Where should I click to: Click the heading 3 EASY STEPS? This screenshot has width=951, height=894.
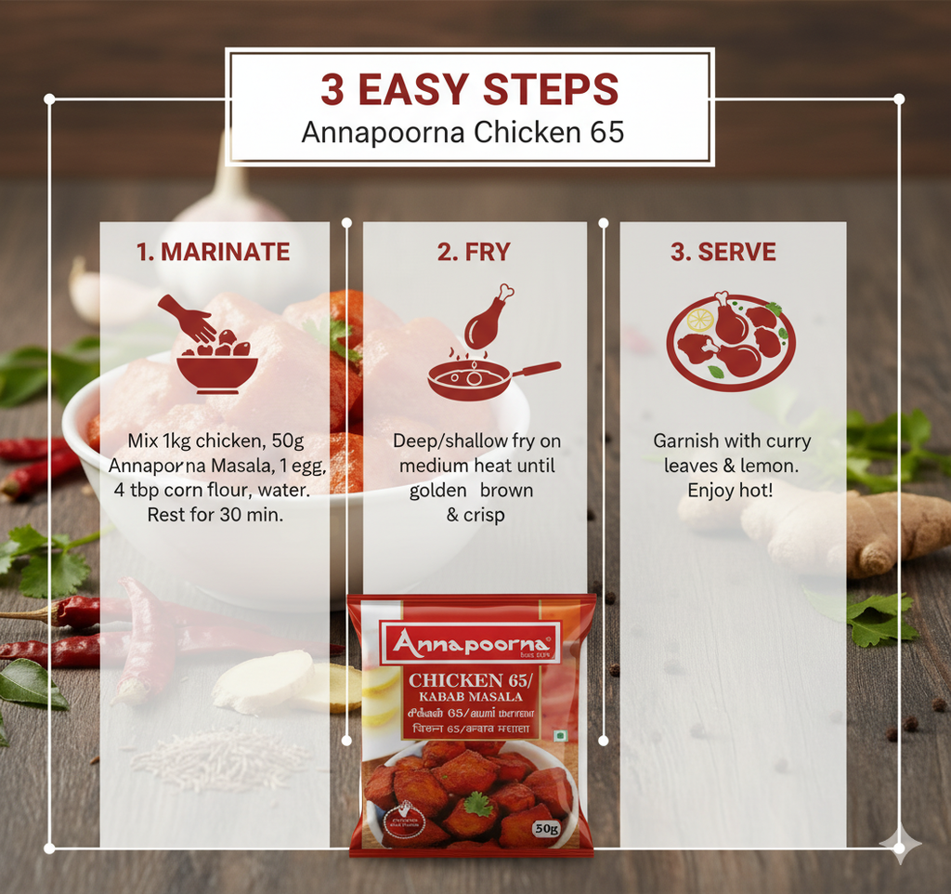(469, 90)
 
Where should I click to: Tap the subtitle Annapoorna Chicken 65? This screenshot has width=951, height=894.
(462, 132)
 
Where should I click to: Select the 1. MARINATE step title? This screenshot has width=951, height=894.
(213, 252)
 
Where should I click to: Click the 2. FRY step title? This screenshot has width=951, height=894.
(475, 252)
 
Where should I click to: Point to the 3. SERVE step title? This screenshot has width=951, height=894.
(723, 252)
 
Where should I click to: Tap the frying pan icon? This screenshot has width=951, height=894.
(483, 377)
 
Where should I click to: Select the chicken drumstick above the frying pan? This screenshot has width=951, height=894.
(489, 317)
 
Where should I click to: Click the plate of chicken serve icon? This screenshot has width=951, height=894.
(730, 341)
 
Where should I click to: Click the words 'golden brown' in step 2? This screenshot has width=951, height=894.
(471, 491)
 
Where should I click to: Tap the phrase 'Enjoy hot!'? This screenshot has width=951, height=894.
(730, 490)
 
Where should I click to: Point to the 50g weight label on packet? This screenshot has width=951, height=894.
(546, 828)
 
